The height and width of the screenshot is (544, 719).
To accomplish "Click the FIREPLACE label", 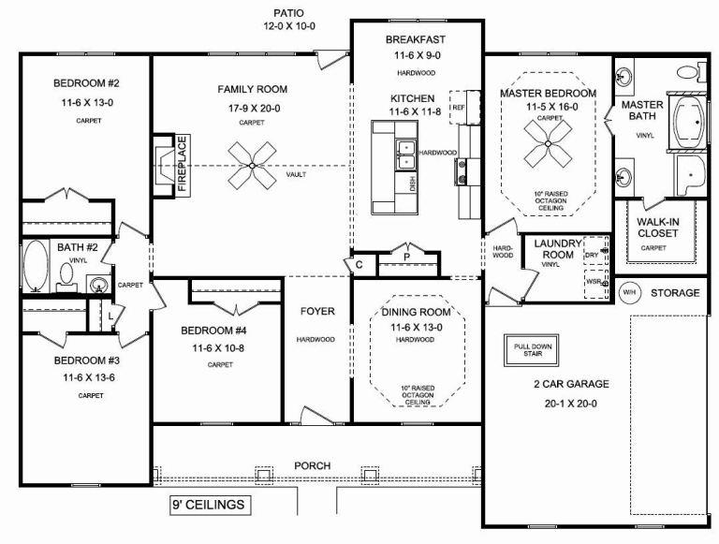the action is [x=183, y=165].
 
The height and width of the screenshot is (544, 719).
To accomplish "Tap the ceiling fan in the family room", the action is [x=252, y=165].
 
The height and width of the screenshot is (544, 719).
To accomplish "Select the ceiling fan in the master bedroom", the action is [x=548, y=143].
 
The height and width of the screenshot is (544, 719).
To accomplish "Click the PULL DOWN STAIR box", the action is [x=532, y=350].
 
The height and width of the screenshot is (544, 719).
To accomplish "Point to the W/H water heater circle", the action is [x=629, y=293].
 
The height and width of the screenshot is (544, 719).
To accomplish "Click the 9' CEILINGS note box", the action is [x=210, y=505].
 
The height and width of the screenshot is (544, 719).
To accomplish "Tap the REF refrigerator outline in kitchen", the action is [x=459, y=108].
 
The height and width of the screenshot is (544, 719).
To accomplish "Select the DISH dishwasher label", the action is [x=412, y=184].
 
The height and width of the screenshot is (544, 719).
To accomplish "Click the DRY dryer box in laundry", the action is [x=595, y=251].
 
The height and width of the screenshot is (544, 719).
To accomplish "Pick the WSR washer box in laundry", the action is [x=596, y=284].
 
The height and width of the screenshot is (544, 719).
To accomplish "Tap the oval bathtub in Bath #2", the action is [x=36, y=266].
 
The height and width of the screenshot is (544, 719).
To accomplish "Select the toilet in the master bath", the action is [x=691, y=72].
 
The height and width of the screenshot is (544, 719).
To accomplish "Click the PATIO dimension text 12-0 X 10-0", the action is [x=289, y=26].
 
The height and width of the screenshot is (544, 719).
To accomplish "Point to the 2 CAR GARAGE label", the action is [x=571, y=384].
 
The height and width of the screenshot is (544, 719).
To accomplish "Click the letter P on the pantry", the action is [x=406, y=257].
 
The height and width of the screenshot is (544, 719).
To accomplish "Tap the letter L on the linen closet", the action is [x=110, y=316].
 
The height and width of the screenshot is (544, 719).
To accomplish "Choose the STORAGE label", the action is [x=675, y=293].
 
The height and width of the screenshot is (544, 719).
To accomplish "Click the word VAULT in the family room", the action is [x=296, y=174].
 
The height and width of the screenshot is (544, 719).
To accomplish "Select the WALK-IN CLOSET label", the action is [x=657, y=228].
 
